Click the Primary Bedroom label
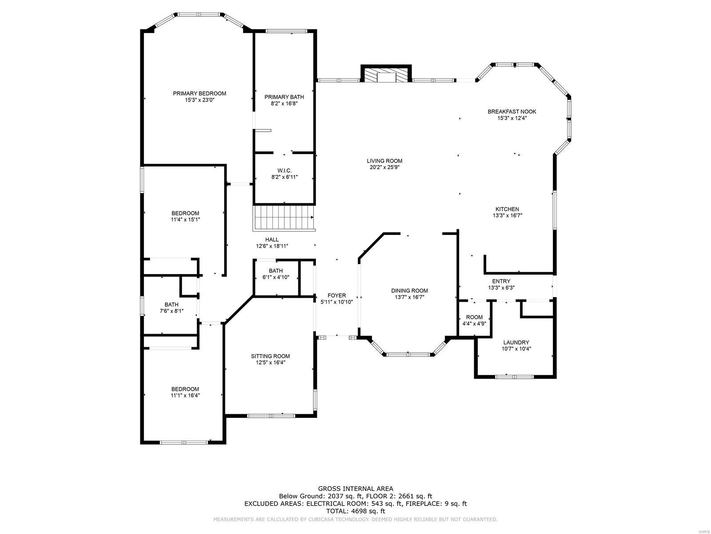click(x=200, y=93)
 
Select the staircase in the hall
click(x=284, y=218)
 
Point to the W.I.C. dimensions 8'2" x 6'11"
click(x=284, y=177)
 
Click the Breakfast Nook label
click(x=512, y=112)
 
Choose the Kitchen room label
click(x=507, y=209)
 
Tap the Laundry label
click(x=516, y=342)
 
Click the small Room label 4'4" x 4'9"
click(x=474, y=317)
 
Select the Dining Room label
click(x=409, y=291)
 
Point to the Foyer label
click(x=336, y=295)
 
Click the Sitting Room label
click(x=270, y=356)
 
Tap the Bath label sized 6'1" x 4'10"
click(x=276, y=271)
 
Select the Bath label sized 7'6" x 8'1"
click(x=171, y=304)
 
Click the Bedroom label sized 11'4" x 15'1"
click(x=185, y=213)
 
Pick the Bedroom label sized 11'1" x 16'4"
click(x=185, y=389)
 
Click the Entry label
click(x=501, y=281)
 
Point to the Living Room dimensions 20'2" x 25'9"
click(x=384, y=168)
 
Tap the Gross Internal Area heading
click(x=355, y=489)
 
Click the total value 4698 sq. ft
click(x=367, y=511)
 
